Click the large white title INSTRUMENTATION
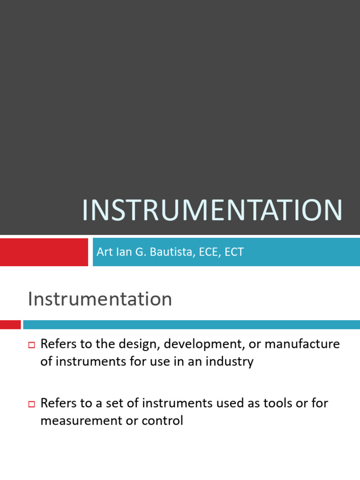[x=212, y=211]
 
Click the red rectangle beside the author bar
[x=44, y=252]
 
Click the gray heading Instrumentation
[x=100, y=299]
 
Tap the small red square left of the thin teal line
[x=10, y=324]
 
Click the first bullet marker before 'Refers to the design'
[x=32, y=345]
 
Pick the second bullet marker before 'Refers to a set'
[x=32, y=404]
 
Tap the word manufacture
[x=302, y=345]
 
